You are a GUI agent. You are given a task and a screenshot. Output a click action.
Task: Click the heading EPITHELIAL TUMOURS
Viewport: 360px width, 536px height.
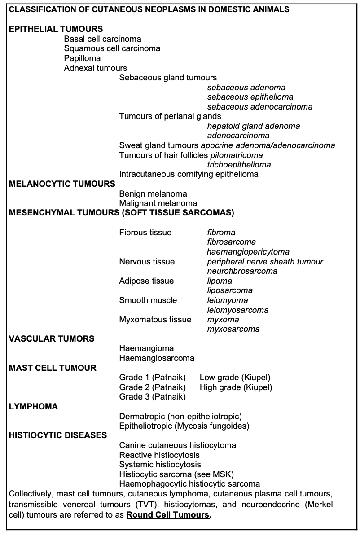[x=56, y=29]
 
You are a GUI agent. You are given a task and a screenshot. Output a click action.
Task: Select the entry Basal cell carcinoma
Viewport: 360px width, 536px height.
[x=102, y=39]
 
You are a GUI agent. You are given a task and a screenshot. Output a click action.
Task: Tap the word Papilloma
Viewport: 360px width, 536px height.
[x=82, y=58]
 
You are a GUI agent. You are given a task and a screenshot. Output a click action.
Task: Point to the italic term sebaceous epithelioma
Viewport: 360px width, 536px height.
[x=250, y=97]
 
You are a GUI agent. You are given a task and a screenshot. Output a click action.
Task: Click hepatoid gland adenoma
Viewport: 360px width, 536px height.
[x=253, y=126]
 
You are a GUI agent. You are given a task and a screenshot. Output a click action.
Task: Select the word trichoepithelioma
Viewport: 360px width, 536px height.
[x=239, y=165]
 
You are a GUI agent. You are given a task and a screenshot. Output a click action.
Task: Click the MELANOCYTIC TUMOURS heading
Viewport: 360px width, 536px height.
[x=62, y=184]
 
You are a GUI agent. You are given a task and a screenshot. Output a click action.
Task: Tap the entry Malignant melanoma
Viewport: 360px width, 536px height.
[x=158, y=203]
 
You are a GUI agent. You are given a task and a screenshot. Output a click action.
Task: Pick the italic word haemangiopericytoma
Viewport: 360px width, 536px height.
[x=248, y=252]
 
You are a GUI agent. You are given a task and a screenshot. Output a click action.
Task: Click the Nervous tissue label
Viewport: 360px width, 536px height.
[x=147, y=262]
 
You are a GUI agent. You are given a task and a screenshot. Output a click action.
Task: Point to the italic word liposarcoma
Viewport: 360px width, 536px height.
[x=229, y=290]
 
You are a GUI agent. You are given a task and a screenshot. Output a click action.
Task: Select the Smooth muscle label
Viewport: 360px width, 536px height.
[x=148, y=300]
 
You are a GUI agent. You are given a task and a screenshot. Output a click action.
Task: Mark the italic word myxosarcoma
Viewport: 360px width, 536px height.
[x=233, y=329]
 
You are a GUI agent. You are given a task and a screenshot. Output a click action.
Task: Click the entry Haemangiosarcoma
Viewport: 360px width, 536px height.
[x=157, y=358]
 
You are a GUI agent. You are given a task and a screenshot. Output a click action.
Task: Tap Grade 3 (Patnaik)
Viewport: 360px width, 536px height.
[x=152, y=397]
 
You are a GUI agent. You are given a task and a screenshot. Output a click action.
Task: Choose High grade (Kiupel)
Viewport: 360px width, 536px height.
[x=236, y=387]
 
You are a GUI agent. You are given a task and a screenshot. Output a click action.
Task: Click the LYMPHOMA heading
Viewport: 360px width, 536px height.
[x=34, y=407]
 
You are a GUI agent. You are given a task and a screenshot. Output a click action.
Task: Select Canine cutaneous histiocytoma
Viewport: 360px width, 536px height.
[x=177, y=445]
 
